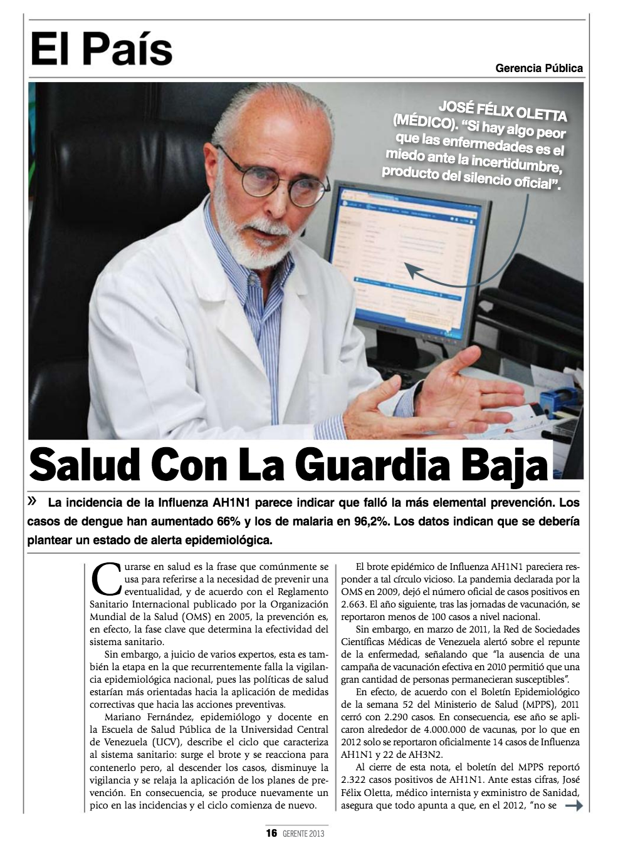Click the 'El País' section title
tap(102, 50)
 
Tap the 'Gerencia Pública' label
tap(538, 68)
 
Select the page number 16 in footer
tap(271, 833)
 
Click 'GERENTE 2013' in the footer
tap(303, 834)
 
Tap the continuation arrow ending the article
tap(574, 806)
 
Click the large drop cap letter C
tap(105, 579)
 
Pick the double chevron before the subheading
tap(33, 501)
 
